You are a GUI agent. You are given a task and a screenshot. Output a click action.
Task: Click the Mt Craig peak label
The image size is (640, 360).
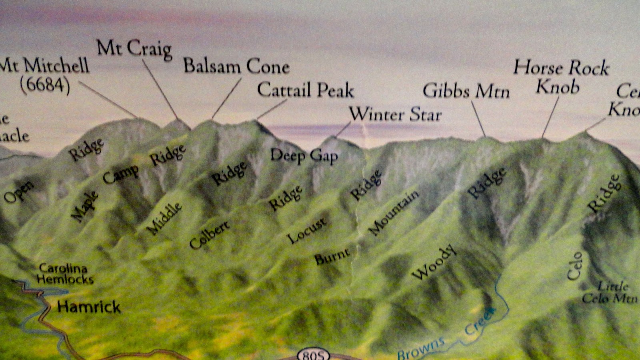(134, 49)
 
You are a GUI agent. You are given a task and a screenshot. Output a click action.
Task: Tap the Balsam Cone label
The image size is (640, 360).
(236, 66)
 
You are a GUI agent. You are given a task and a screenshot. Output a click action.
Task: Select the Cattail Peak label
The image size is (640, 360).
(306, 90)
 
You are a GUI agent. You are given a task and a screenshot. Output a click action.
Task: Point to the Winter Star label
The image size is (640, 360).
(396, 114)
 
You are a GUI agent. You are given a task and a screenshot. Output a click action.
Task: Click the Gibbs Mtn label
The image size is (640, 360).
(466, 91)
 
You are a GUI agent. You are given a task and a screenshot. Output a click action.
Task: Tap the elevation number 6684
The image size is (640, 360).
(45, 84)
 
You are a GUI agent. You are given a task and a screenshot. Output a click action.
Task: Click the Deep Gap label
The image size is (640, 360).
(304, 156)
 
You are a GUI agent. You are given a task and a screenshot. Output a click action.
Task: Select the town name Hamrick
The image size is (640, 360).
(89, 307)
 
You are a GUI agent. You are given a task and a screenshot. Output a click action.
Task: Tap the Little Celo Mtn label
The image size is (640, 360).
(609, 292)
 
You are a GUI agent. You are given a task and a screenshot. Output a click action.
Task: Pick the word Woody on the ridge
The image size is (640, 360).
(434, 262)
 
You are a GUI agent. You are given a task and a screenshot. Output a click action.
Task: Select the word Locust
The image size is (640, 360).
(307, 231)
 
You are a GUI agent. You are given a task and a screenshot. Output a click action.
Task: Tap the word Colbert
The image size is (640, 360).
(210, 235)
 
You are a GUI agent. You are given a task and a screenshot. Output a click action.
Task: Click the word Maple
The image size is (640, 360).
(84, 206)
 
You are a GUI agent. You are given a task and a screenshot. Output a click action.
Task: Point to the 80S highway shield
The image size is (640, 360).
(314, 355)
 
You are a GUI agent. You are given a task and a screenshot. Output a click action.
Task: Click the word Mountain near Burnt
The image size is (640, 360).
(394, 212)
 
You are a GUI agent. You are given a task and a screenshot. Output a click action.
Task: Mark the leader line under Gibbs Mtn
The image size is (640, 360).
(478, 119)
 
